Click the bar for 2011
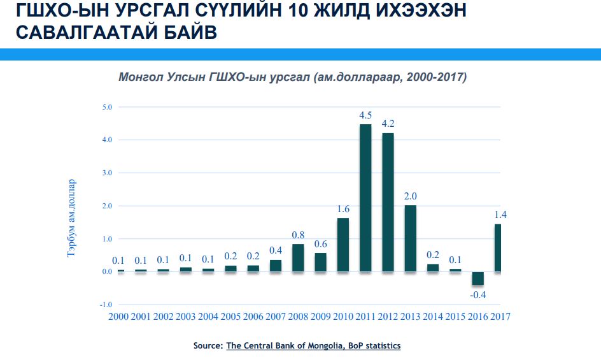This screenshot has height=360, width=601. (365, 198)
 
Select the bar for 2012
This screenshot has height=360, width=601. (388, 203)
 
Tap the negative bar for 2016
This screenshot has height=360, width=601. (478, 278)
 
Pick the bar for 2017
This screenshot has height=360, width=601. (497, 248)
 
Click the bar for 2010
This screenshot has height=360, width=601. (343, 245)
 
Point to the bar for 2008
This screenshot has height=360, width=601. (298, 258)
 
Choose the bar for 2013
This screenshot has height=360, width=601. (411, 238)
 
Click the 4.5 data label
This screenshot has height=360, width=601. (365, 116)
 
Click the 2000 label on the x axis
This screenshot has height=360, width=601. (118, 317)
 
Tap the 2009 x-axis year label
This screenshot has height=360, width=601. (320, 317)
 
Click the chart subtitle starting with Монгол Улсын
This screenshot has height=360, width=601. (293, 77)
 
